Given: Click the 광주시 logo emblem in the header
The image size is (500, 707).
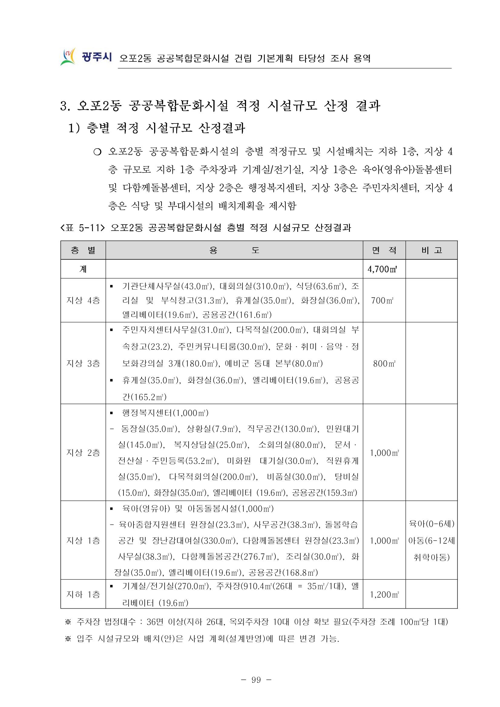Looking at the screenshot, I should (x=68, y=57).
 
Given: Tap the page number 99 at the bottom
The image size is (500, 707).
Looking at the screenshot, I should (x=256, y=679).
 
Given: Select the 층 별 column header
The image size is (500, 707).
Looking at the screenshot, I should (x=83, y=250).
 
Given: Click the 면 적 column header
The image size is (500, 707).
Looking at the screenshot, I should (x=384, y=250).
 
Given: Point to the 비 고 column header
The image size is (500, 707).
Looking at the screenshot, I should (x=431, y=250).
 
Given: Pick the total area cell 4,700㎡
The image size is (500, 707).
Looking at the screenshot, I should (x=382, y=269).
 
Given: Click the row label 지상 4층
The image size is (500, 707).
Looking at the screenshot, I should (x=83, y=300).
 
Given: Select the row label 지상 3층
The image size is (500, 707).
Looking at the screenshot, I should (x=83, y=363).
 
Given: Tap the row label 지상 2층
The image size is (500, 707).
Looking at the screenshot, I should (x=83, y=452).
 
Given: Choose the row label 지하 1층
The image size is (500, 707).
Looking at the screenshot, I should (x=83, y=594).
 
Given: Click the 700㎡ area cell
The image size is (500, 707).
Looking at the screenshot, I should (x=382, y=300).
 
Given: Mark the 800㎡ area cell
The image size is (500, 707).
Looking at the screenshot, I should (x=384, y=363).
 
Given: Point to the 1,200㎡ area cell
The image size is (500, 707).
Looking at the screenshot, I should (x=384, y=594).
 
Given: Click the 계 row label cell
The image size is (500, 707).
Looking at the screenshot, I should (x=83, y=269).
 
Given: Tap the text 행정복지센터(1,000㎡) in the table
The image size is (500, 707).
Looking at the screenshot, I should (x=165, y=413).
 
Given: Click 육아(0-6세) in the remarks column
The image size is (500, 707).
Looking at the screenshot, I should (x=431, y=524).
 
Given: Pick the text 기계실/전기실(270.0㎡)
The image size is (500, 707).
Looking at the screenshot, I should (x=166, y=586).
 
